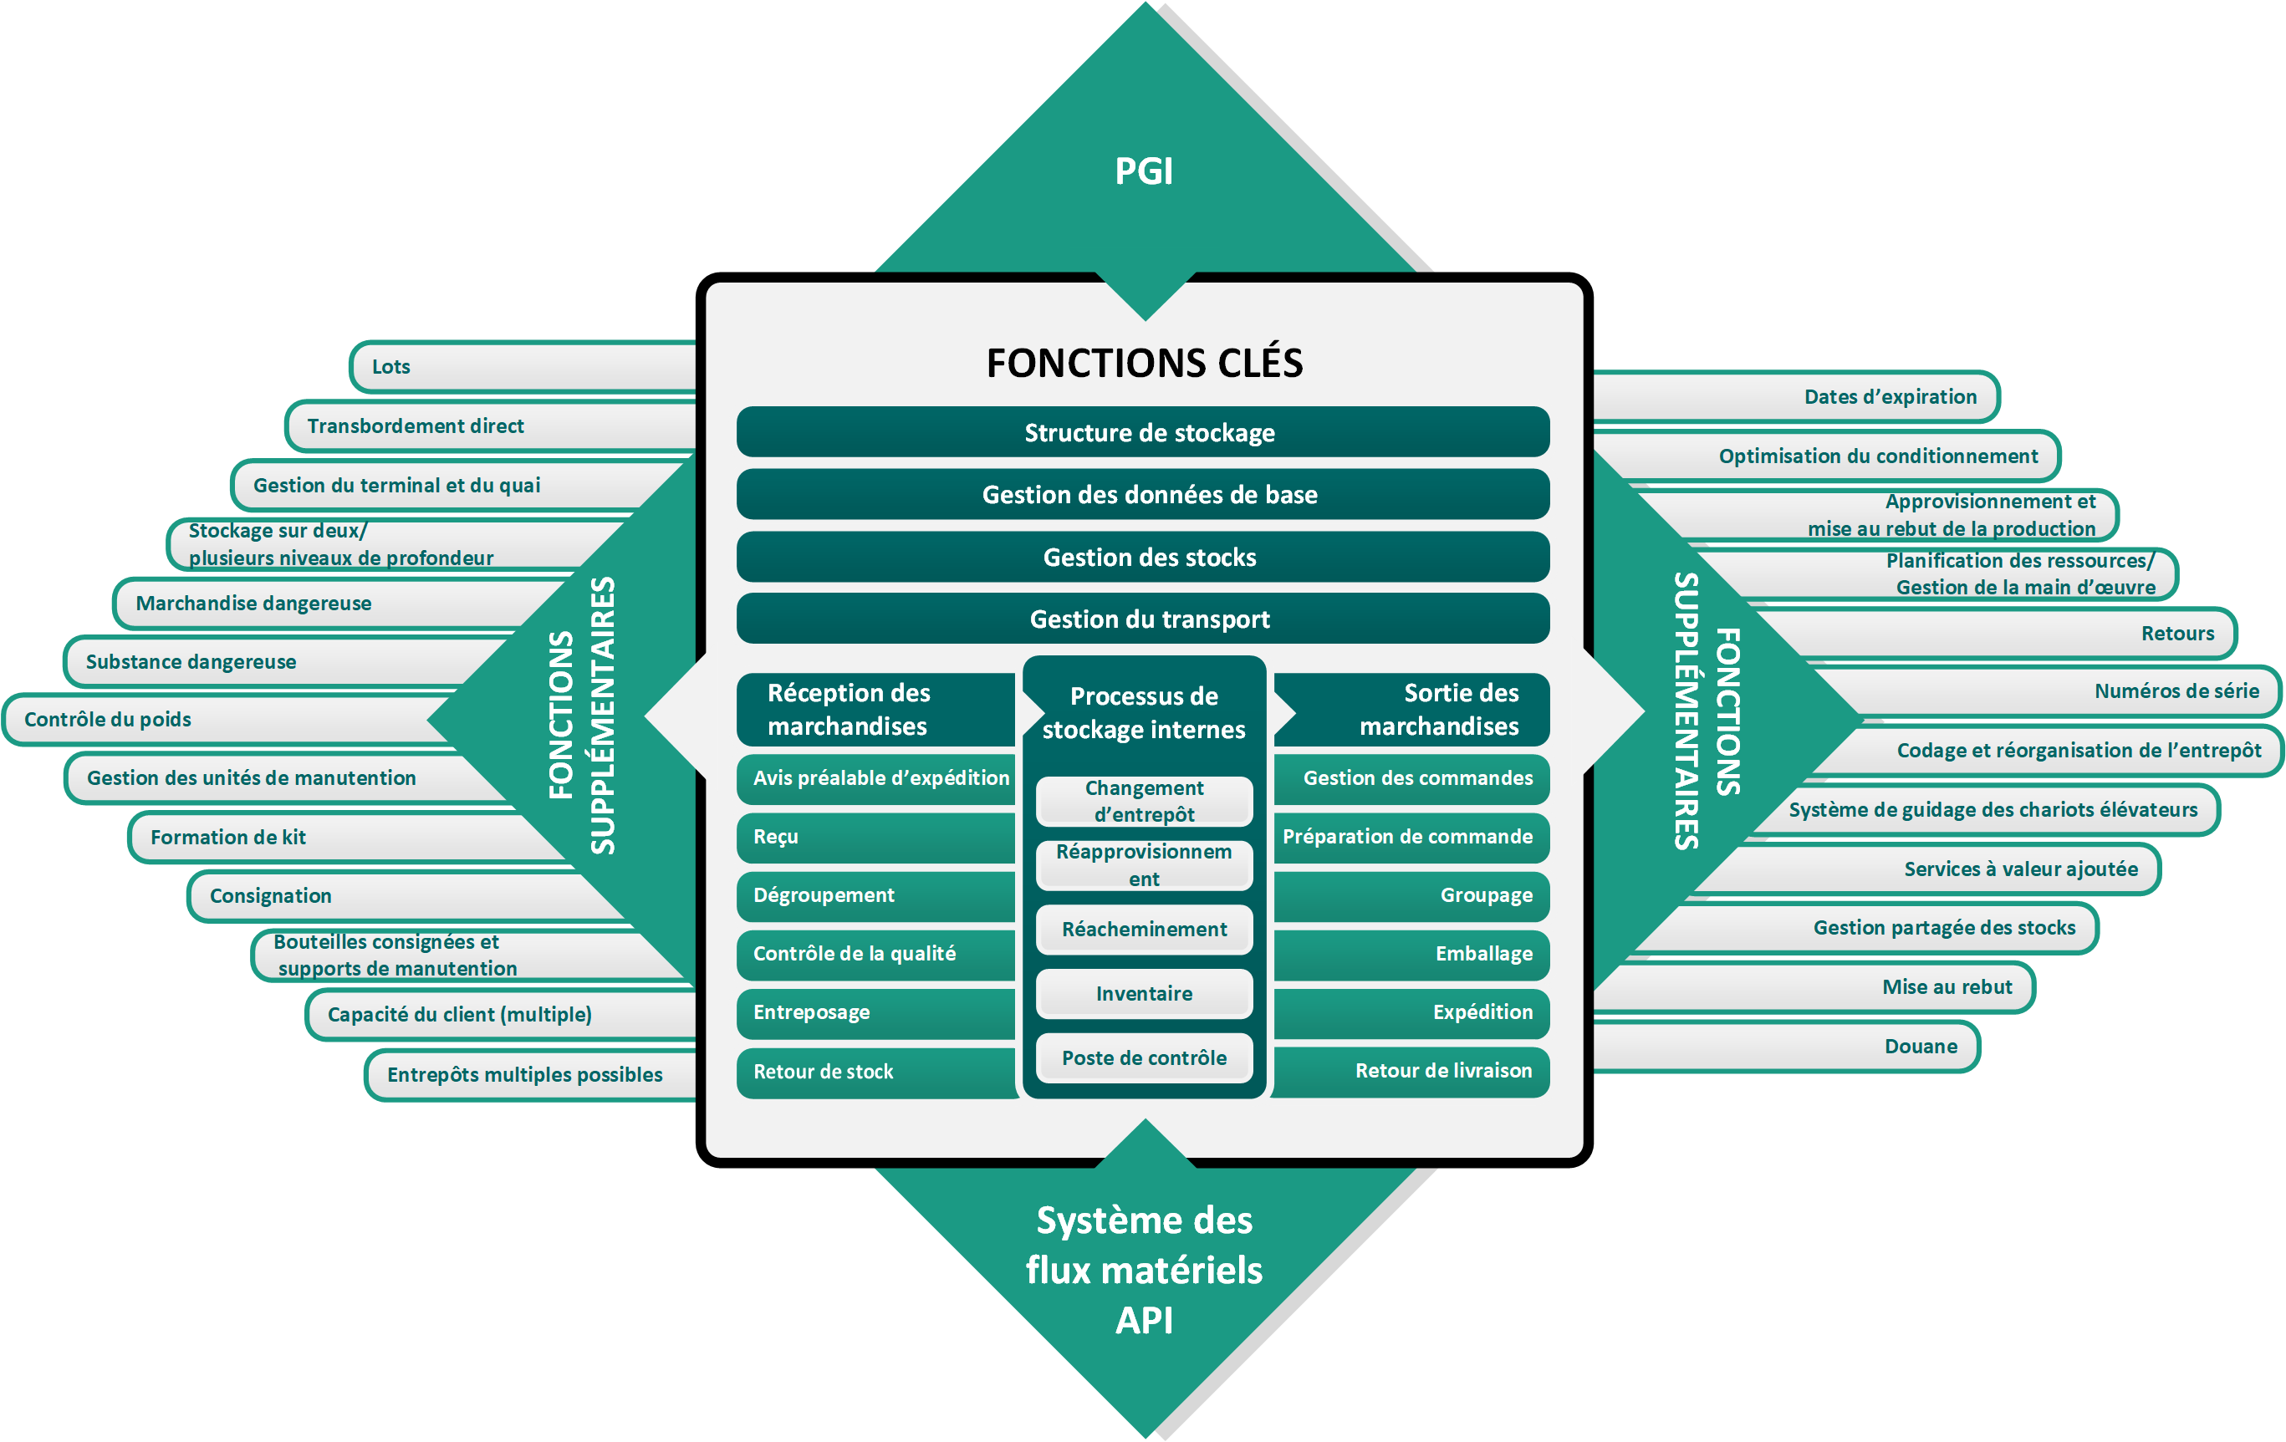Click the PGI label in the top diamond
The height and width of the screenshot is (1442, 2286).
(x=1144, y=171)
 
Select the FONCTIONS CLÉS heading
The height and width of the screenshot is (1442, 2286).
(x=1144, y=363)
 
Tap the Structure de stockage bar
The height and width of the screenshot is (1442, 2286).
(x=1143, y=432)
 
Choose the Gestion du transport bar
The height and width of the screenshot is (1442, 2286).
(x=1143, y=618)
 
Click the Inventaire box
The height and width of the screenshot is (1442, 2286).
(x=1144, y=993)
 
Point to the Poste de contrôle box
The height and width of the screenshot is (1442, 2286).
(x=1144, y=1057)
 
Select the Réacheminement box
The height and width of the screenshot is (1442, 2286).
(x=1144, y=930)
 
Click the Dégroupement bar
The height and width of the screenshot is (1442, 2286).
(x=876, y=895)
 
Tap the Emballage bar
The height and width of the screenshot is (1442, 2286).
(x=1411, y=954)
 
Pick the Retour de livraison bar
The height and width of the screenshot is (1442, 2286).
(x=1411, y=1071)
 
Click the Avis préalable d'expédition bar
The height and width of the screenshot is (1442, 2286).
(x=876, y=778)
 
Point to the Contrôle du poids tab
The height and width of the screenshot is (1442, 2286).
(x=227, y=719)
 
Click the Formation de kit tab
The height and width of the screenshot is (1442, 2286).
(x=346, y=836)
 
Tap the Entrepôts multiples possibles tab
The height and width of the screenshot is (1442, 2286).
(x=532, y=1075)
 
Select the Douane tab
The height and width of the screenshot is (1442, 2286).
(x=1786, y=1046)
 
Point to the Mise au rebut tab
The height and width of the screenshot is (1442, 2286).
(x=1814, y=987)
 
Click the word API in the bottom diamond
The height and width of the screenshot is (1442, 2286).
(x=1144, y=1321)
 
